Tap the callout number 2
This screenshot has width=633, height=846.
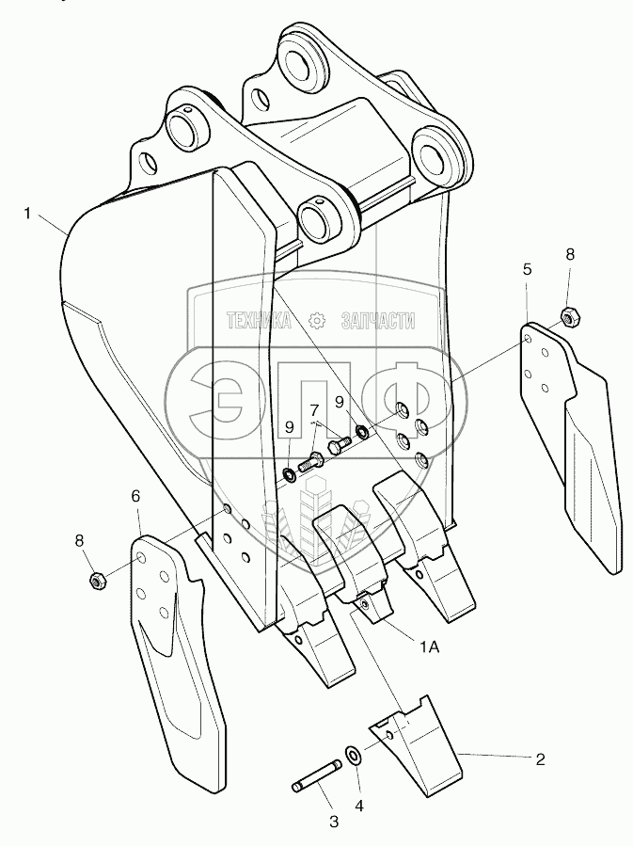coord(539,758)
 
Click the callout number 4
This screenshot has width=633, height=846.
coord(527,269)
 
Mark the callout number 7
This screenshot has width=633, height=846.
coord(569,254)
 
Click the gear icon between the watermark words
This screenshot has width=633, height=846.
coord(315,321)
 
